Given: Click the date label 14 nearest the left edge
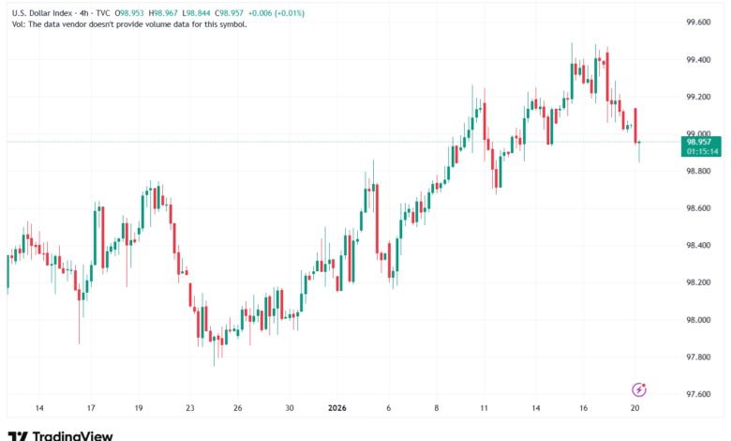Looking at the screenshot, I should (x=39, y=409).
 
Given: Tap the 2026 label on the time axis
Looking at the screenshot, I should (x=336, y=409).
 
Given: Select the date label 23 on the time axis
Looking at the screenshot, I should (x=190, y=409).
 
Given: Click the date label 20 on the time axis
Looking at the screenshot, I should (x=636, y=409).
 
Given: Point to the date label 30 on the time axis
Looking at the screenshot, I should (x=291, y=409).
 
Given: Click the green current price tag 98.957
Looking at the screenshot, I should (x=702, y=142).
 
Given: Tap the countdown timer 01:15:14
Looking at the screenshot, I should (x=702, y=151).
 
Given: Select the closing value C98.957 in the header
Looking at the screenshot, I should (x=238, y=12).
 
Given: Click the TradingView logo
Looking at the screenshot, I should (x=61, y=435).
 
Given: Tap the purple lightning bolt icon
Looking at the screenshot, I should (x=640, y=388).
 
